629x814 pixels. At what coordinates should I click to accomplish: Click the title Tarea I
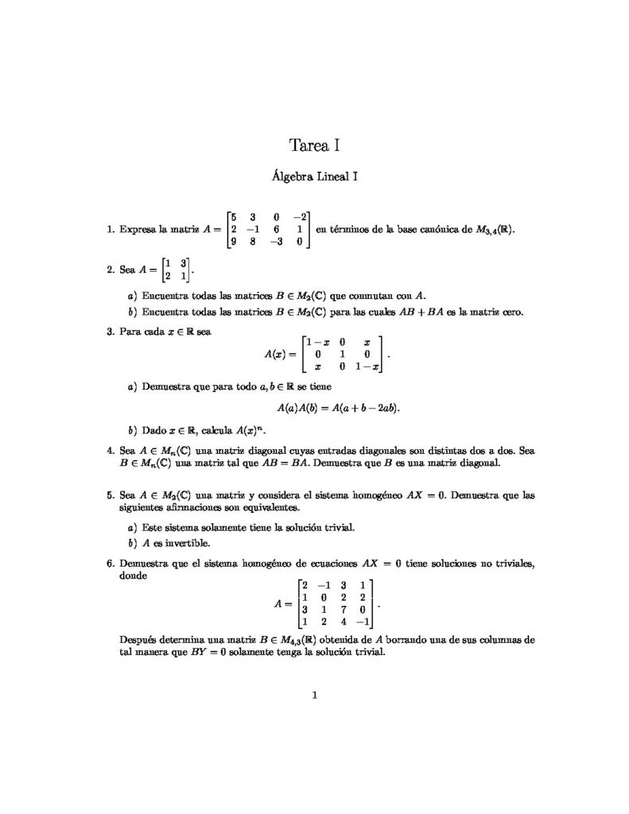315,145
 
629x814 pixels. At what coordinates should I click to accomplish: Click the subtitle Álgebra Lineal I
315,177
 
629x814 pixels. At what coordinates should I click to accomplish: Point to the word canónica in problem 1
442,230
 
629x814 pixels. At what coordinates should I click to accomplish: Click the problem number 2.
110,270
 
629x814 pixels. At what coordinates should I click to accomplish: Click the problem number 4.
110,451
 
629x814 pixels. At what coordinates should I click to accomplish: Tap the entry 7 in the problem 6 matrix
343,610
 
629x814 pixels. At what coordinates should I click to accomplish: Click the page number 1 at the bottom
315,697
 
